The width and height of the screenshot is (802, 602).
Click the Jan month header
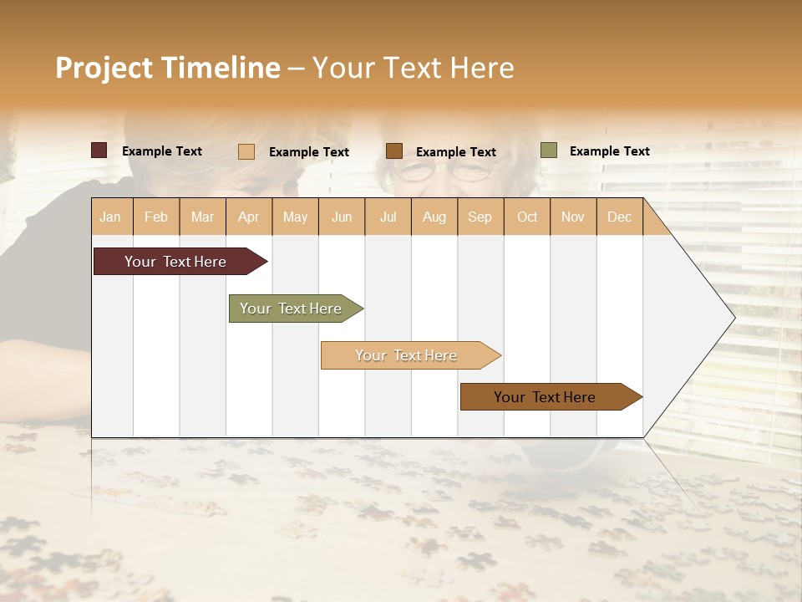coord(110,217)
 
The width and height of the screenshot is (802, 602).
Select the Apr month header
coord(249,217)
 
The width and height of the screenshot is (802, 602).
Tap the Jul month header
coord(388,217)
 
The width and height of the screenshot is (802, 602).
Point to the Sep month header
coord(480,217)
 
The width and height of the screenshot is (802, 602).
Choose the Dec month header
coord(619,217)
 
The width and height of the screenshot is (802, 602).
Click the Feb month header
coord(156,217)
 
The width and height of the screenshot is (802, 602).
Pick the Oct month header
coord(527,217)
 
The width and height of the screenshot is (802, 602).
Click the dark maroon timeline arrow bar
coord(175,262)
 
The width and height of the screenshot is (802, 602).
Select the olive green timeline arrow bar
coord(291,309)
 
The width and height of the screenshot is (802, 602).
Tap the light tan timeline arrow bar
coord(406,355)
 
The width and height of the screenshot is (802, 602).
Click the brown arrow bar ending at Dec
coord(545,397)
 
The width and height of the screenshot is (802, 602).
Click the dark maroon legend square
coord(99,150)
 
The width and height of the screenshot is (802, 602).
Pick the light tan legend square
coord(246,151)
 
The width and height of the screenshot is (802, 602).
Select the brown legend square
coord(394,151)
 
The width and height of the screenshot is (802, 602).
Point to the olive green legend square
coord(549,150)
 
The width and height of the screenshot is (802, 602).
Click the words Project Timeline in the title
coord(167,68)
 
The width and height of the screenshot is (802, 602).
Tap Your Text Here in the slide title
coord(413,68)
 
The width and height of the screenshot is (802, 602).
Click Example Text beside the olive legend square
coord(609,151)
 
